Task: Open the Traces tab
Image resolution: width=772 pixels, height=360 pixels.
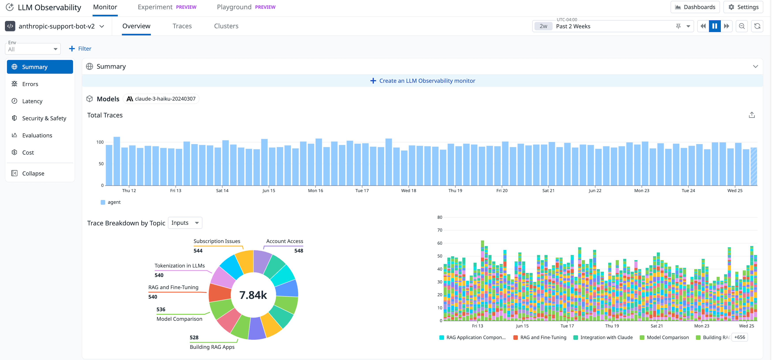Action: pyautogui.click(x=182, y=26)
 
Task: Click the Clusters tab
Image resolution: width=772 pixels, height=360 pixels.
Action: pyautogui.click(x=226, y=26)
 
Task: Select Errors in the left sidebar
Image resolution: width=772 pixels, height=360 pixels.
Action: pyautogui.click(x=30, y=84)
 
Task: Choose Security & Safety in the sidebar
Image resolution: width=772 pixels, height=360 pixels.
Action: pyautogui.click(x=44, y=118)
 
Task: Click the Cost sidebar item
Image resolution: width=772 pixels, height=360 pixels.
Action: pyautogui.click(x=28, y=153)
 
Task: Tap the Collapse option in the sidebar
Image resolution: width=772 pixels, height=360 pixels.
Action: pyautogui.click(x=33, y=173)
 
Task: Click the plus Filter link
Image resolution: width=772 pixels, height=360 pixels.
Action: pyautogui.click(x=80, y=48)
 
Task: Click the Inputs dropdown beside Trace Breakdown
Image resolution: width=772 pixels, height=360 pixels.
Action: pyautogui.click(x=185, y=223)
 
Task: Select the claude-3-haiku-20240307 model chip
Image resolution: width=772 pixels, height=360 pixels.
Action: pyautogui.click(x=161, y=99)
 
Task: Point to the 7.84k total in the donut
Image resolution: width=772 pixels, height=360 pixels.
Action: pyautogui.click(x=253, y=295)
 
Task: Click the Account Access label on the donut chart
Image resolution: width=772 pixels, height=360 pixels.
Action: pyautogui.click(x=284, y=241)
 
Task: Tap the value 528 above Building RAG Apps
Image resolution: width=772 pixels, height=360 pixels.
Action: pyautogui.click(x=194, y=337)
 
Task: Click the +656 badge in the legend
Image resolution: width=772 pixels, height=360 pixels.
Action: pyautogui.click(x=739, y=337)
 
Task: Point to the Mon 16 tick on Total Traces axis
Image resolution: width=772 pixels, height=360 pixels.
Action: pyautogui.click(x=315, y=190)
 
